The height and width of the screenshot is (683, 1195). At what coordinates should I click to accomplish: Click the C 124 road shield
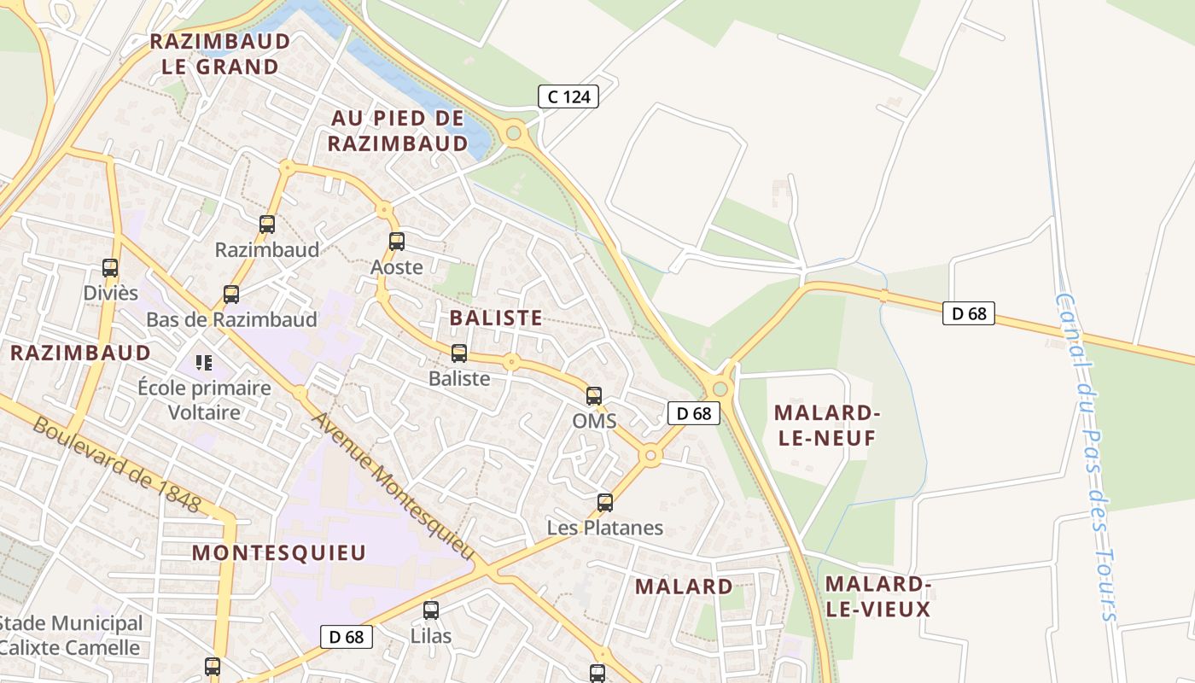coord(568,96)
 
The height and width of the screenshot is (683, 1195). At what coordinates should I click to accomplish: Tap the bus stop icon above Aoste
coord(396,242)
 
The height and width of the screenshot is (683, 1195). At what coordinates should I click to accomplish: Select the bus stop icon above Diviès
coord(110,268)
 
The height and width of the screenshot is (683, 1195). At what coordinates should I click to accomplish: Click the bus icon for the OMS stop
coord(594,396)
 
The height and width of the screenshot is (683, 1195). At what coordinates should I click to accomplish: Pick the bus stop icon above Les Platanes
coord(605,503)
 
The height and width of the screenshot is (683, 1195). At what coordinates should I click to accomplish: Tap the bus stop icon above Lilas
coord(431,610)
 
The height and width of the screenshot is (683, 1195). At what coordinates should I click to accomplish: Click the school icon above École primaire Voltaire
coord(203,363)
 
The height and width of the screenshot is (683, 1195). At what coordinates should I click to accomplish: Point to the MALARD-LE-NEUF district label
coord(826,425)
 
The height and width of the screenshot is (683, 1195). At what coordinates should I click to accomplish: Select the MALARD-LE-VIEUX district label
coord(877,596)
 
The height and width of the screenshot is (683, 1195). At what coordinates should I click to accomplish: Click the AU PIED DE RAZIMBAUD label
coord(398,131)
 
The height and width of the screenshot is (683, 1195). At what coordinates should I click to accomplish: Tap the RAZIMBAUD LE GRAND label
coord(219,54)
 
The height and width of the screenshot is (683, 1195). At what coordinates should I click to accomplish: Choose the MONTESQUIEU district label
coord(279,552)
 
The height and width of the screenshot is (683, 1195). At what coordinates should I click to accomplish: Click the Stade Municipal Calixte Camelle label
coord(71,635)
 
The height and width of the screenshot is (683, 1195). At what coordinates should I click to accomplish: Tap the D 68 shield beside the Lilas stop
coord(347,636)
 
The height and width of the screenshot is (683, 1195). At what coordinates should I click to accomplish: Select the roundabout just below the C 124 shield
coord(514,132)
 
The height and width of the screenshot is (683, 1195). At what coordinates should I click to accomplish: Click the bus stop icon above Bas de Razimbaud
coord(230,295)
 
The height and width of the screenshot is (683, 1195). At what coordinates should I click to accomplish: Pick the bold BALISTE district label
coord(495,318)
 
